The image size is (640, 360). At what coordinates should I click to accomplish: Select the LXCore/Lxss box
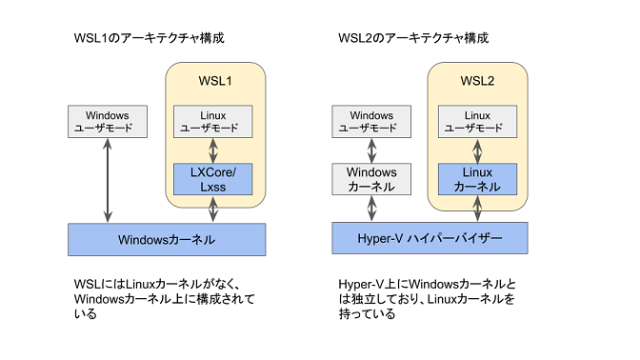click(x=213, y=178)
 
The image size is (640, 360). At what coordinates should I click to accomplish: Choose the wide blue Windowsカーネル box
click(x=167, y=239)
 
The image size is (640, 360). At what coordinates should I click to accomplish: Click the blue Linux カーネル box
click(x=477, y=178)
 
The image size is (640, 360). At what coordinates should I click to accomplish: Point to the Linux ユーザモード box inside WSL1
click(x=213, y=121)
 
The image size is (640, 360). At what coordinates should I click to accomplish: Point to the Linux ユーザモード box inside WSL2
click(x=477, y=121)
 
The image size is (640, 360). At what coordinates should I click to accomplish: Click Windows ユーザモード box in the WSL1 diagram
click(x=106, y=121)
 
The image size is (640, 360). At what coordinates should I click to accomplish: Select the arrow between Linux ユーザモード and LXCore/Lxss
click(x=213, y=150)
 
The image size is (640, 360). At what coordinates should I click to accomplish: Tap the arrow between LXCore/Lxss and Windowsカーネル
click(x=213, y=209)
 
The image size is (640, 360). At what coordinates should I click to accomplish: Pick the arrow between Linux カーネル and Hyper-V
click(x=477, y=208)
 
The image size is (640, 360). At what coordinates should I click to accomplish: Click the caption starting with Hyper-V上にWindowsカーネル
click(x=428, y=298)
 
